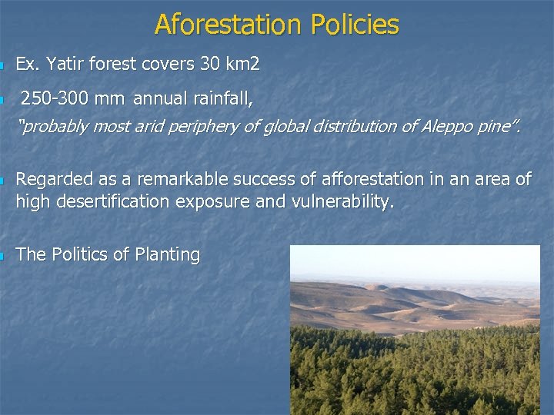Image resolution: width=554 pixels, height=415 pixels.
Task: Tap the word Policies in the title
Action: tap(355, 25)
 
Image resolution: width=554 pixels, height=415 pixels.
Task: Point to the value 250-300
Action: tap(53, 98)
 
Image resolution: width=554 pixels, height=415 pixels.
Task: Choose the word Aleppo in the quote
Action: tap(447, 127)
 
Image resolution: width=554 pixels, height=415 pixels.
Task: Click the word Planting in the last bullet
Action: tap(166, 254)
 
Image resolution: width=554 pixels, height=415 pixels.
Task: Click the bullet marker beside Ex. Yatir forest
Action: tap(4, 66)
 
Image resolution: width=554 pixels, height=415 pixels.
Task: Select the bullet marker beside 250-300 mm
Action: tap(4, 100)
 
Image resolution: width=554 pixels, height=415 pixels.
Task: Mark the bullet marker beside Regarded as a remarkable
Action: tap(4, 181)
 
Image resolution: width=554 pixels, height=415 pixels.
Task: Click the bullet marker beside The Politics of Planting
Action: tap(4, 256)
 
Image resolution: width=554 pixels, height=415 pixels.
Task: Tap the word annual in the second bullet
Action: tap(159, 98)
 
